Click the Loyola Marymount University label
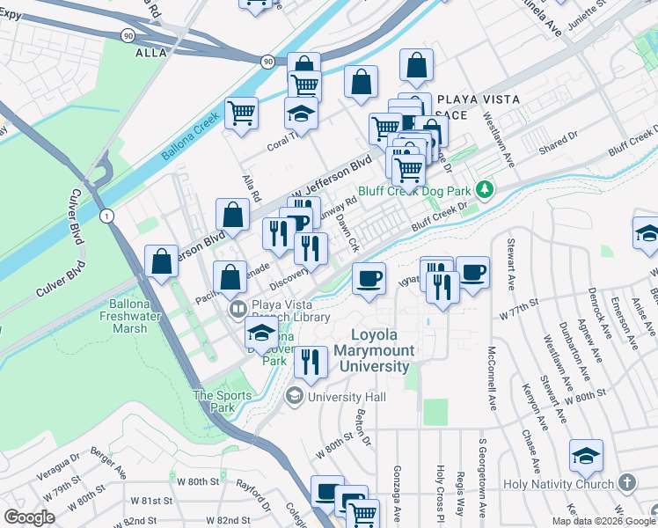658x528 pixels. point(380,350)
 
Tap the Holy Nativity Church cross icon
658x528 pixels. point(626,483)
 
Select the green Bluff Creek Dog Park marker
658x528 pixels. point(483,190)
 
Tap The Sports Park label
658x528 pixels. point(214,401)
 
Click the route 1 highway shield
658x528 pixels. point(107,216)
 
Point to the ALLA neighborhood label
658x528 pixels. point(150,53)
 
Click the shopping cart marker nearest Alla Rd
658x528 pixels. point(240,113)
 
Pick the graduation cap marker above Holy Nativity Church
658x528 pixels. point(586,456)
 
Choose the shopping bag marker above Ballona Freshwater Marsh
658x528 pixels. point(162,261)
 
